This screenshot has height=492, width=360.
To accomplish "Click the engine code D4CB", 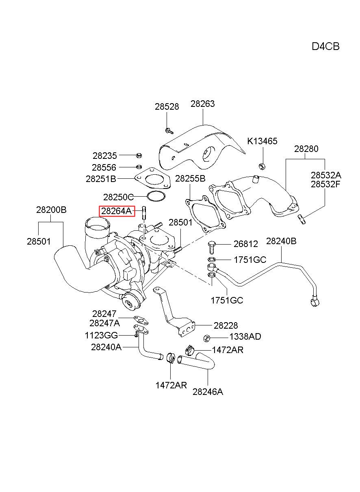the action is tap(325, 47).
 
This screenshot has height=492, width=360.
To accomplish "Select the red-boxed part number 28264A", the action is tap(117, 211).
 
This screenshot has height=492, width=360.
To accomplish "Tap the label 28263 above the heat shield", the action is tap(202, 104).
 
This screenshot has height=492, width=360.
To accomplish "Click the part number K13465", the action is tap(262, 141).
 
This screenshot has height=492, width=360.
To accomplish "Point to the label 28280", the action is tap(306, 149).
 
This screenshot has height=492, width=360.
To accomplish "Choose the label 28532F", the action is tap(325, 184).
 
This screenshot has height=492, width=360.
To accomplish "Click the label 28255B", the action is tap(190, 179).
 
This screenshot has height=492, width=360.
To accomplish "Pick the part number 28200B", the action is tap(51, 210).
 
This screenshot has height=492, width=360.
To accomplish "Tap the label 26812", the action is tap(245, 244).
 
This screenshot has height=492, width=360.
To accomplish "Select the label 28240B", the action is tap(281, 241).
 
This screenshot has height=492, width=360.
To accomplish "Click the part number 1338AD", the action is tap(245, 336).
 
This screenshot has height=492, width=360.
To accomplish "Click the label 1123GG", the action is tap(101, 336).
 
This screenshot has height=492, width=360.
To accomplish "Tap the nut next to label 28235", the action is tap(139, 156).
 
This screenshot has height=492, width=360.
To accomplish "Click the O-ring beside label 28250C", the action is tap(156, 196).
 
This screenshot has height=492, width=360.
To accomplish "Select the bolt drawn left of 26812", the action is tap(212, 247).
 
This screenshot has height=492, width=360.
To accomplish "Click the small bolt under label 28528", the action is tap(169, 131).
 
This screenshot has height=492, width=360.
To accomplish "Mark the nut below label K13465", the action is tap(262, 166).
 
